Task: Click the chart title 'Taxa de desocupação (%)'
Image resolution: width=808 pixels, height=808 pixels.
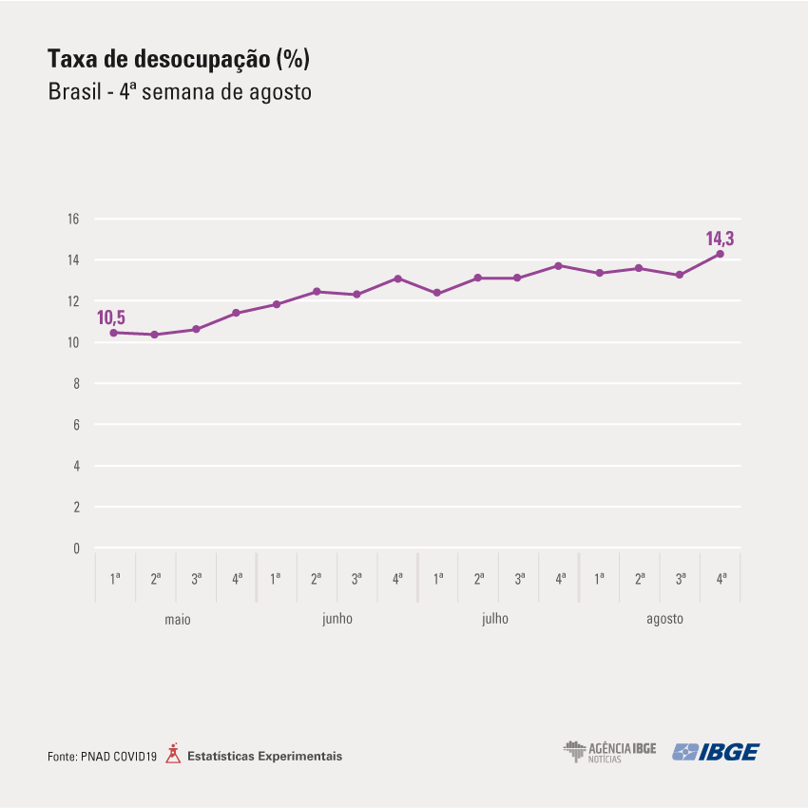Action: tap(179, 59)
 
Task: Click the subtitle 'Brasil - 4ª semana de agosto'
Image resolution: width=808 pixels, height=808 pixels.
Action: tap(180, 91)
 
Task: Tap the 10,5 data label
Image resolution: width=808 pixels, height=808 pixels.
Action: tap(111, 317)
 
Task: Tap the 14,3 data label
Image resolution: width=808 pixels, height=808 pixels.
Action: tap(720, 239)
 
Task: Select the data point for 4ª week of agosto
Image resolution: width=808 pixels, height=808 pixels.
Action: tap(721, 254)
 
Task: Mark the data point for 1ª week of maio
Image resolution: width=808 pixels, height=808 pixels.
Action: tap(114, 333)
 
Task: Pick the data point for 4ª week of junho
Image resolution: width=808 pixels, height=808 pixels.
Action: tap(397, 279)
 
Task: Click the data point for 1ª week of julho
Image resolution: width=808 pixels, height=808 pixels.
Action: tap(437, 293)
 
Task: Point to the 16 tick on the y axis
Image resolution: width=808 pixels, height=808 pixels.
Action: tap(73, 219)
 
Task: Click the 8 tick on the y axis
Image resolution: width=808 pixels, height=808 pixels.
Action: tap(76, 383)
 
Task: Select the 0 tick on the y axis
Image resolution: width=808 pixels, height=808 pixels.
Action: tap(76, 548)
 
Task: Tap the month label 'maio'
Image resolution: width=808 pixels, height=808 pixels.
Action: tap(178, 619)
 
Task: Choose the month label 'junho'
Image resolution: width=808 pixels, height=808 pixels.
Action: tap(337, 619)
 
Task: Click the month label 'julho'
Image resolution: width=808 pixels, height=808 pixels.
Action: tap(495, 619)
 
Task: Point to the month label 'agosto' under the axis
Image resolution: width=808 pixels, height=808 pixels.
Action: tap(664, 619)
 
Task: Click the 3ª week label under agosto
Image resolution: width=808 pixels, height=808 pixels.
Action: tap(681, 579)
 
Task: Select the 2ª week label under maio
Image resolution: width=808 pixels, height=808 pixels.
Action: tap(156, 579)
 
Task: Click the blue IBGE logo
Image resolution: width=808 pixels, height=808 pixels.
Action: tap(716, 752)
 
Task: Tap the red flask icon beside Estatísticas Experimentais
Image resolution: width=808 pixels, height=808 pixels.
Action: tap(173, 754)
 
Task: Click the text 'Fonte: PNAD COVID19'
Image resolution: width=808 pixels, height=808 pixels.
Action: tap(102, 757)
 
